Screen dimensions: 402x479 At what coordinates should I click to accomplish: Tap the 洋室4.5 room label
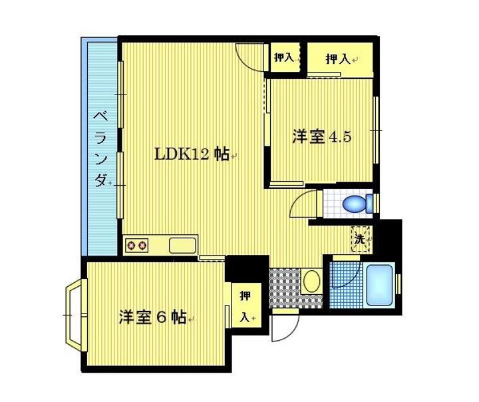pyautogui.click(x=321, y=136)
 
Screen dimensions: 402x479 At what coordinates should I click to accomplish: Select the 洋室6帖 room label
pyautogui.click(x=152, y=317)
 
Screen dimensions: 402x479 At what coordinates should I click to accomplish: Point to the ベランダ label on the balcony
pyautogui.click(x=100, y=148)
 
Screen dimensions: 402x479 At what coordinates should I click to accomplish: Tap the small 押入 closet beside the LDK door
pyautogui.click(x=284, y=57)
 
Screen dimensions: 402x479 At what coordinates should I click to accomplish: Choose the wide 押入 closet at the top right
pyautogui.click(x=339, y=59)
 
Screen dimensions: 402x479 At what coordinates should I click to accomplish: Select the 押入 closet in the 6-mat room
pyautogui.click(x=245, y=307)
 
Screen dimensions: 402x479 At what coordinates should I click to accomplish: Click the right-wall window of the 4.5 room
pyautogui.click(x=376, y=130)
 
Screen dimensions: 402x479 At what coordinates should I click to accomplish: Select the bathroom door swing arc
pyautogui.click(x=344, y=276)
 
